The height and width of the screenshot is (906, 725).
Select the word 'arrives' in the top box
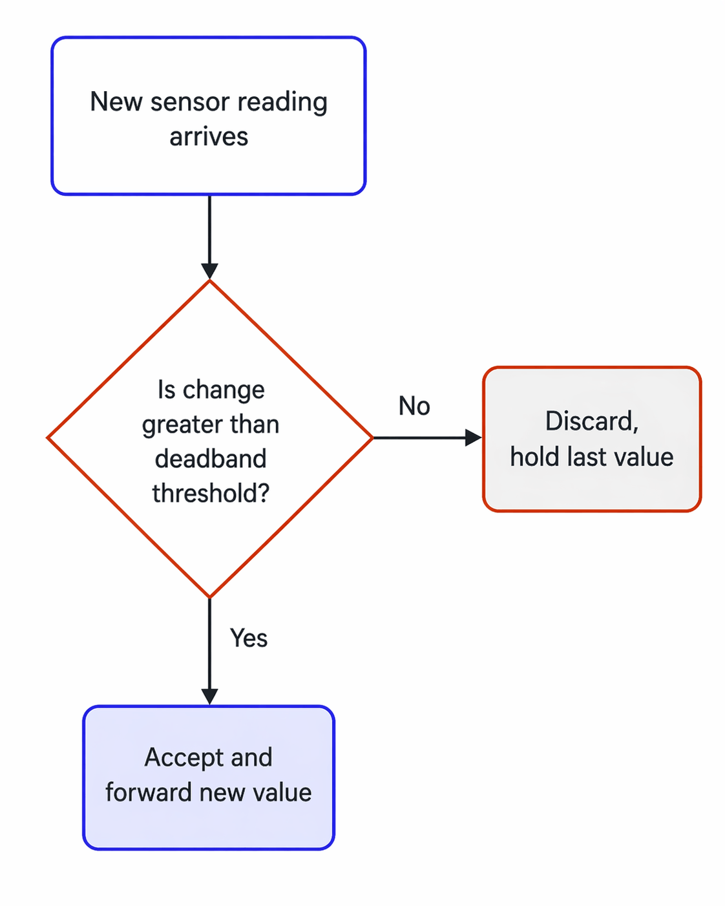click(209, 137)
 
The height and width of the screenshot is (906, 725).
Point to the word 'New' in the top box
click(116, 102)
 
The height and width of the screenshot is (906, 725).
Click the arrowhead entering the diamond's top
click(209, 271)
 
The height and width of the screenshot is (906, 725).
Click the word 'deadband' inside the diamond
click(211, 459)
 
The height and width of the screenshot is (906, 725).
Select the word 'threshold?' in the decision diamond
click(211, 494)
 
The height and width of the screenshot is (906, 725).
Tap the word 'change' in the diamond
click(224, 390)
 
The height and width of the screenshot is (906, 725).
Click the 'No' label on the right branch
click(414, 406)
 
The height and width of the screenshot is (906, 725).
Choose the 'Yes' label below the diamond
click(249, 638)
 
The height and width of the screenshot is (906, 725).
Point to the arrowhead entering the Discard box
click(474, 438)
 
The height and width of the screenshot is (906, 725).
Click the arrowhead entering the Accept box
click(209, 697)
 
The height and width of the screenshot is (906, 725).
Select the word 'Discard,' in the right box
click(592, 422)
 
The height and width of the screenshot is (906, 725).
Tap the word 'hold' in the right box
click(534, 457)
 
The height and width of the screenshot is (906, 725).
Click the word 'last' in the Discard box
click(586, 457)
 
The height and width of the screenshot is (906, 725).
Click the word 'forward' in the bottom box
click(148, 793)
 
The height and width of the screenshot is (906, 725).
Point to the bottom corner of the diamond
click(210, 596)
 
